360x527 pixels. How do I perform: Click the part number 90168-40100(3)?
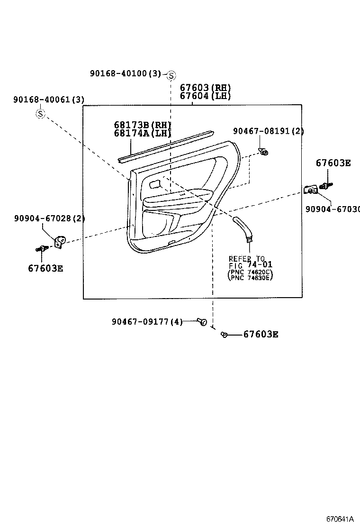coord(126,73)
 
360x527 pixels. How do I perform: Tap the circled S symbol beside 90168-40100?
coord(171,75)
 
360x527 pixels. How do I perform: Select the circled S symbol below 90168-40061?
coord(41,114)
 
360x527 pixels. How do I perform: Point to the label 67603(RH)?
coord(205,88)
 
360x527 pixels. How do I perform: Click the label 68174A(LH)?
coord(142,133)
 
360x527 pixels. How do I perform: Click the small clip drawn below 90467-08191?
coord(264,152)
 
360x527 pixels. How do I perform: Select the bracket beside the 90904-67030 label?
coord(310,190)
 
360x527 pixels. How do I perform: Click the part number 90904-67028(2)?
coord(49,218)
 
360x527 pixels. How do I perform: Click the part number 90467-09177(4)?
coord(147,322)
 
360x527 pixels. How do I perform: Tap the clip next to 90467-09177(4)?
coord(203,322)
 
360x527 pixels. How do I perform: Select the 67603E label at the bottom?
coord(261,335)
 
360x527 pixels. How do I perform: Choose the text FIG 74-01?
coord(251,265)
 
